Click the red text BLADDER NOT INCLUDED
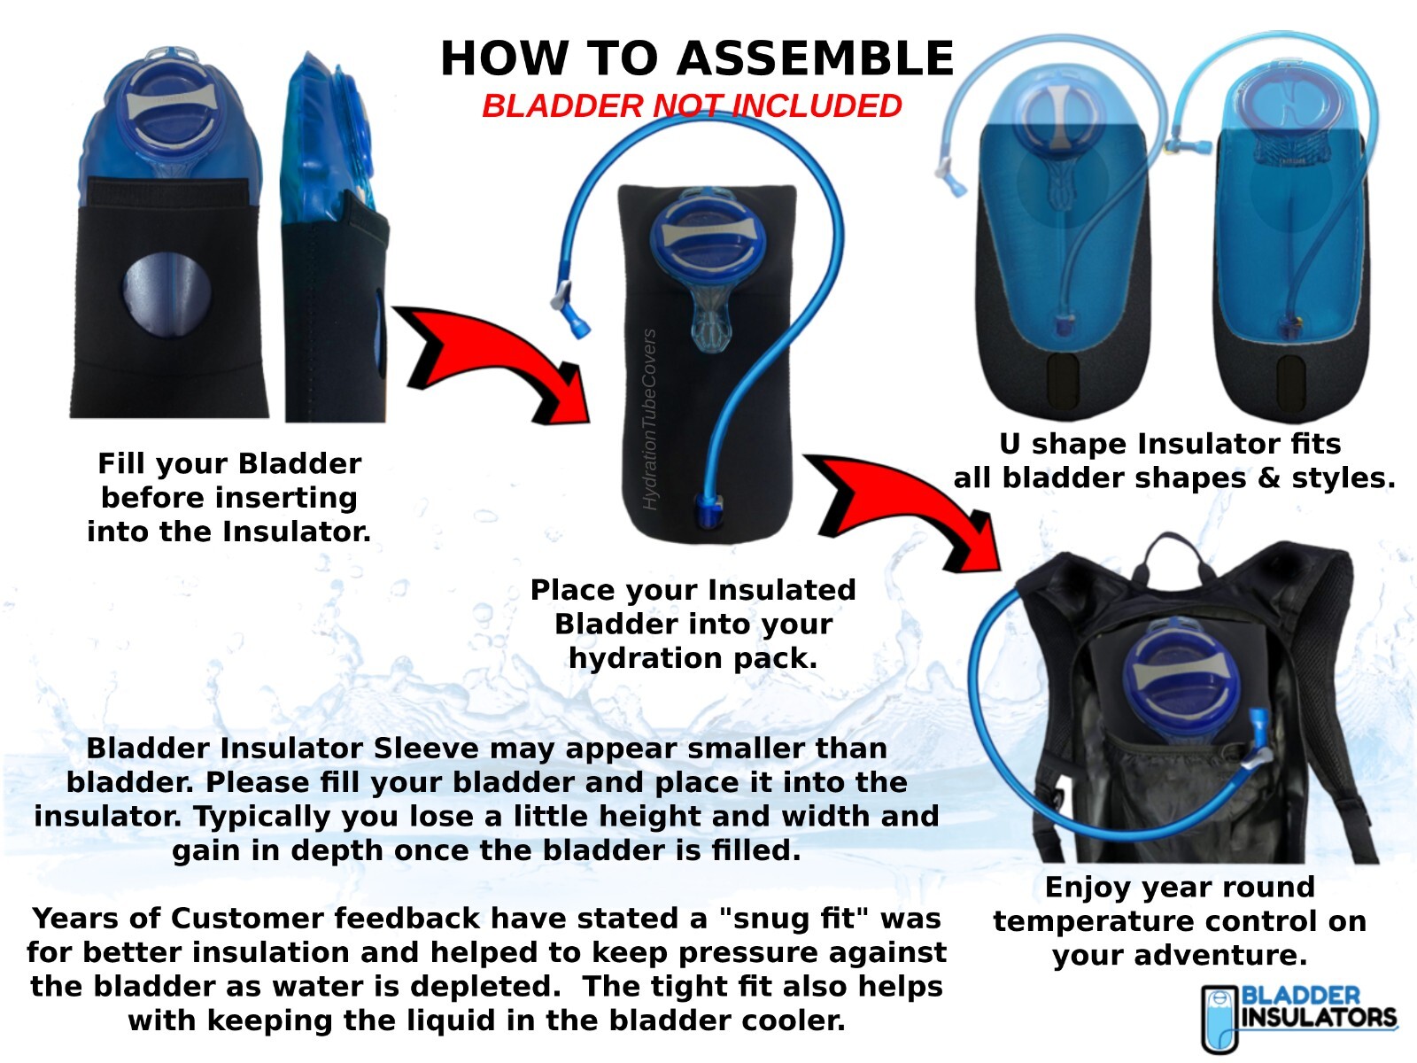click(x=692, y=106)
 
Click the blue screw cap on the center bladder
click(x=707, y=238)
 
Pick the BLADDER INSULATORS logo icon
click(x=1218, y=1019)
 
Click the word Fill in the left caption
click(x=120, y=464)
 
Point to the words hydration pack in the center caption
click(x=693, y=658)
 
